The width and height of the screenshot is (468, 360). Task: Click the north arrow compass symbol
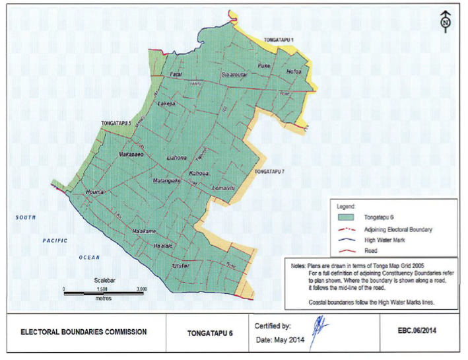point(446,21)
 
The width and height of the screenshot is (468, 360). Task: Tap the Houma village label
point(96,193)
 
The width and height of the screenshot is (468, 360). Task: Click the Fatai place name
point(176,74)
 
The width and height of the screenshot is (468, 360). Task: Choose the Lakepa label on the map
point(165,104)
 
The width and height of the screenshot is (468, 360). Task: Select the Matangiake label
point(167,180)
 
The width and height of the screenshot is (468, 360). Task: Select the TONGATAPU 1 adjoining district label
point(277,40)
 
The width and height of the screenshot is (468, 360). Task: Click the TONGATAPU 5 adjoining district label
point(116,124)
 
